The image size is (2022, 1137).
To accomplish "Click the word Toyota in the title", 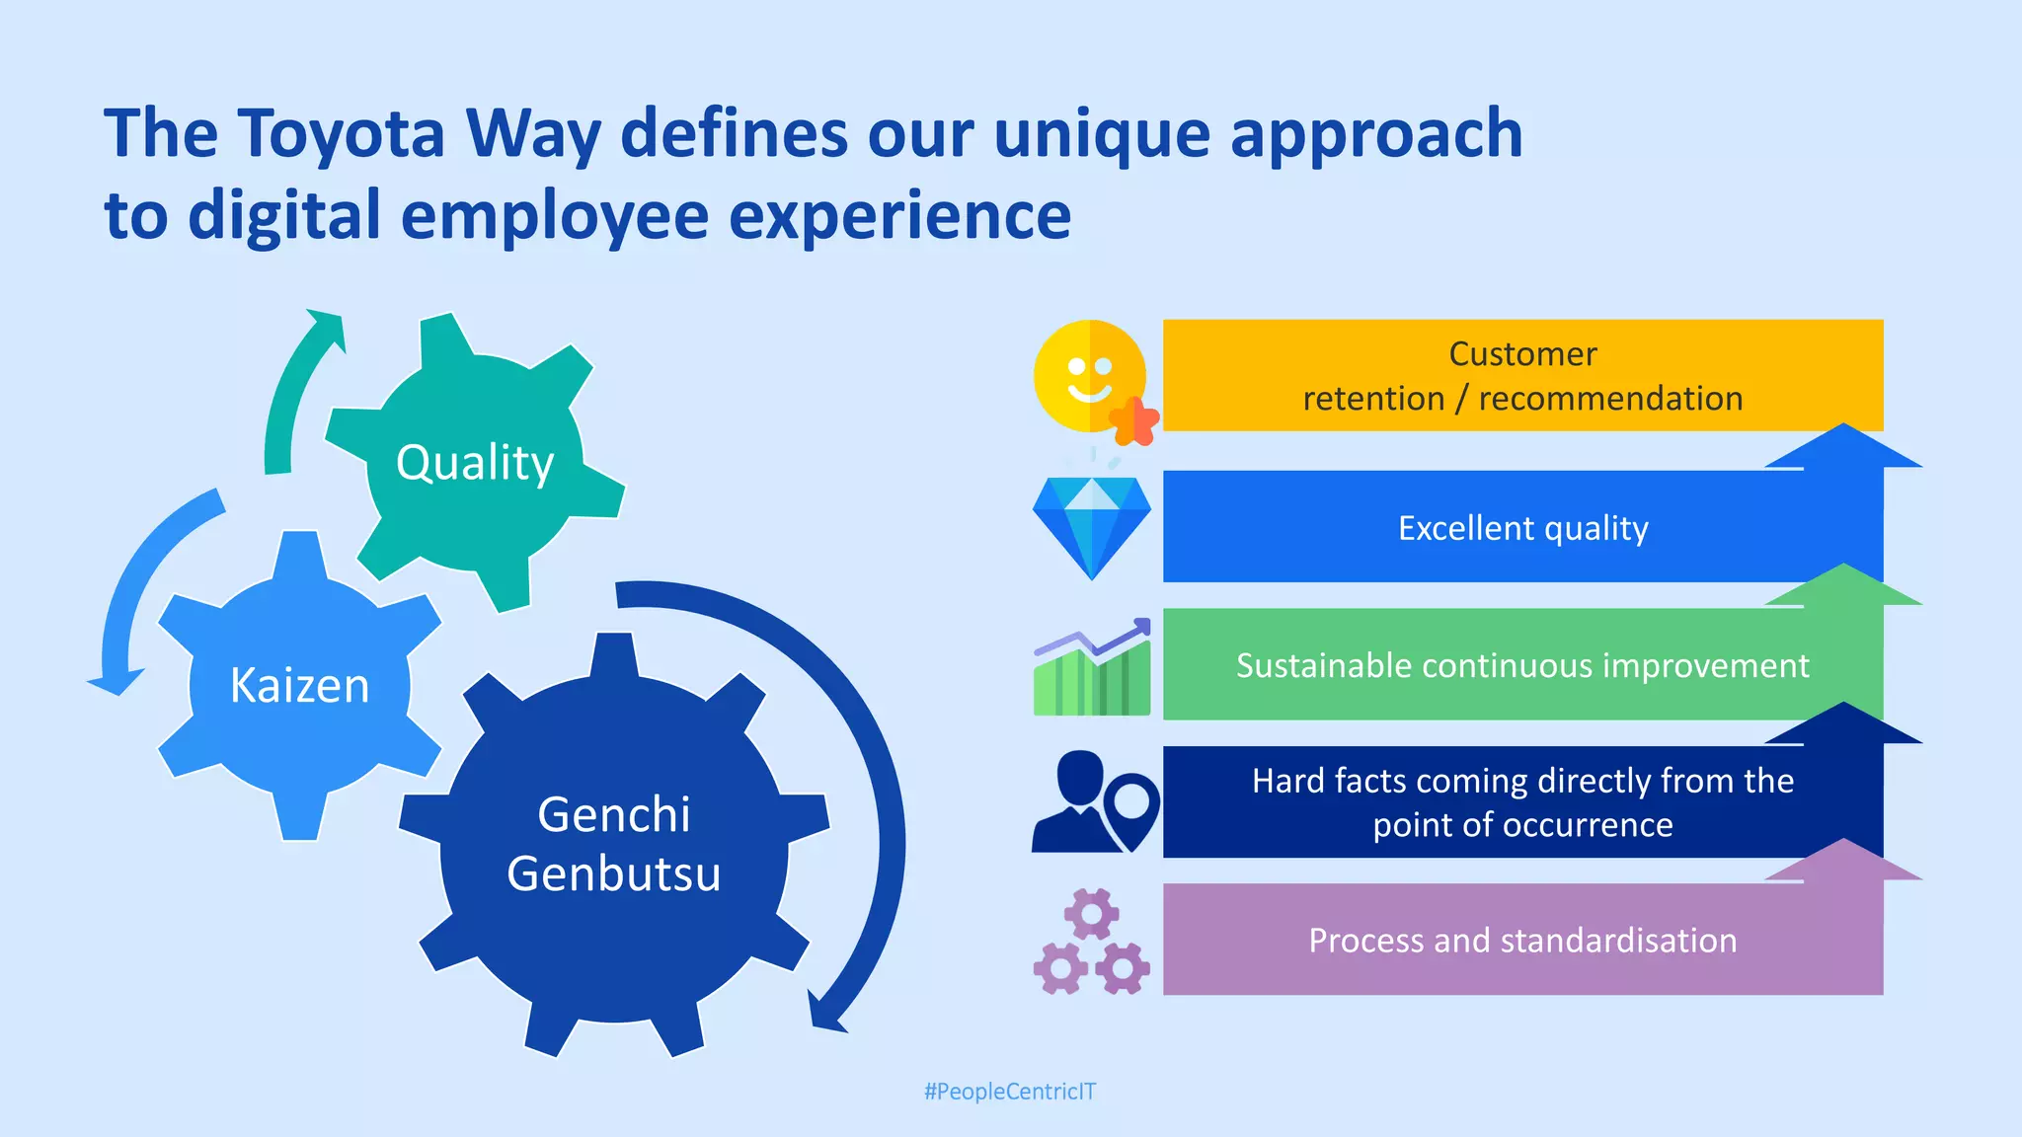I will (342, 133).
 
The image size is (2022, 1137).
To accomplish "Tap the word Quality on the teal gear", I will (475, 462).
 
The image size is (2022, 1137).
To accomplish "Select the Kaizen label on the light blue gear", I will (299, 685).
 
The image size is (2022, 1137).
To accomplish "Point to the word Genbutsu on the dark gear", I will (613, 873).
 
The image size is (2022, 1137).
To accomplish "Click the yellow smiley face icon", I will (1086, 375).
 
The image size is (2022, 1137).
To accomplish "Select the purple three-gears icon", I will (1091, 942).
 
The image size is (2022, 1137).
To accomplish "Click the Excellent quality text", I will (1522, 528).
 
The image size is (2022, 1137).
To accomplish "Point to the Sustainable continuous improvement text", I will (1522, 665).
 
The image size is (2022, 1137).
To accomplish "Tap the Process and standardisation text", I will (1522, 940).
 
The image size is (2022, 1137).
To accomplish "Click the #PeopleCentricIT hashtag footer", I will (1009, 1092).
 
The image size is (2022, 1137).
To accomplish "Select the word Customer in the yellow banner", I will (1522, 353).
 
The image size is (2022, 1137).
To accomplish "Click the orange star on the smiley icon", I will (1134, 421).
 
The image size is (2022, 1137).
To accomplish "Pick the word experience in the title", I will (899, 215).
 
